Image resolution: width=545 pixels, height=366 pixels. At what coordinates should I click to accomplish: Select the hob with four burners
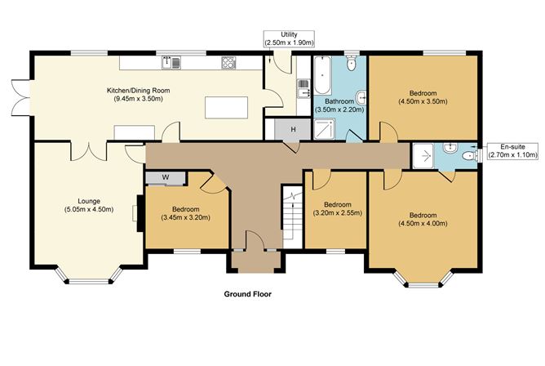tap(228, 61)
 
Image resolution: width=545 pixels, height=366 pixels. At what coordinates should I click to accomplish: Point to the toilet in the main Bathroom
tap(351, 63)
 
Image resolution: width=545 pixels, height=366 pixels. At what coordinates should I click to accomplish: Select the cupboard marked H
tap(282, 128)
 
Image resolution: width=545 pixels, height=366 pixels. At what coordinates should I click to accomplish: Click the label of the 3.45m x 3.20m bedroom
tap(186, 213)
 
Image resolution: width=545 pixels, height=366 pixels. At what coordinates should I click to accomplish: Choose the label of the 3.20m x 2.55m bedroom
tap(338, 208)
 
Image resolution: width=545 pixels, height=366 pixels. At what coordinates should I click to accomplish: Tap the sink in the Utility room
tap(304, 81)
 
